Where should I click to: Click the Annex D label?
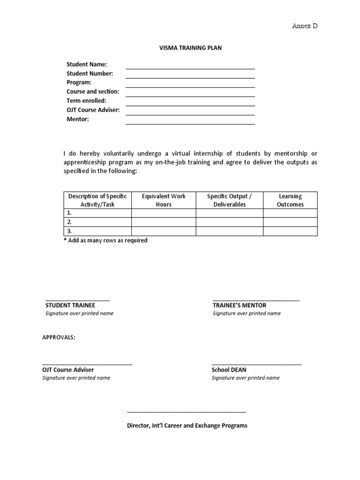[x=305, y=26]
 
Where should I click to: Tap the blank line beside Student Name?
[x=190, y=67]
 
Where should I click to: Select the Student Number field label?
[x=90, y=74]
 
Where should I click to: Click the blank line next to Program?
[x=190, y=86]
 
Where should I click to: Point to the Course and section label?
[x=93, y=92]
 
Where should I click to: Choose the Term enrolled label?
[x=86, y=101]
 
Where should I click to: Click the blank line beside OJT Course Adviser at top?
[x=190, y=113]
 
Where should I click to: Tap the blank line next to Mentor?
[x=190, y=123]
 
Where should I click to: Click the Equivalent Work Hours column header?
[x=164, y=200]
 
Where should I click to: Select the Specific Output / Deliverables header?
[x=229, y=200]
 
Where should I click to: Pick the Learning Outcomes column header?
[x=290, y=200]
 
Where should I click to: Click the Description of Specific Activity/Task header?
[x=97, y=200]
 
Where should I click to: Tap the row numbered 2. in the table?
[x=97, y=222]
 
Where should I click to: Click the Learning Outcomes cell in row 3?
[x=290, y=231]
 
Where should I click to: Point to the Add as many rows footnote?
[x=105, y=240]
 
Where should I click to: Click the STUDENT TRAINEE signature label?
[x=70, y=305]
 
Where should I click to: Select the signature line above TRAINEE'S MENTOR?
[x=256, y=300]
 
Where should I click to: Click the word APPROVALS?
[x=59, y=337]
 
